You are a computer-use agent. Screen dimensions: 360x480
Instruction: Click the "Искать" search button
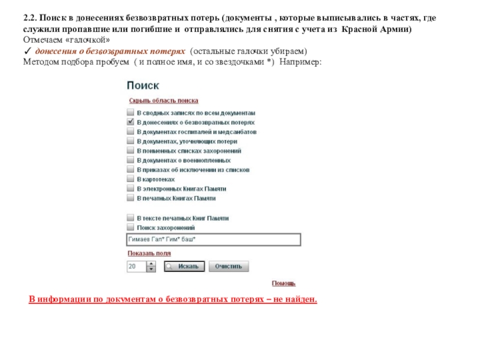184,266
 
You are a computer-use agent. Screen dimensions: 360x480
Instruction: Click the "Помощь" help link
283,283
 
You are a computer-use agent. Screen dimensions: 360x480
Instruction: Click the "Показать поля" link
147,253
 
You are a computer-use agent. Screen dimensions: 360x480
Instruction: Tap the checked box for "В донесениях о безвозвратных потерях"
130,122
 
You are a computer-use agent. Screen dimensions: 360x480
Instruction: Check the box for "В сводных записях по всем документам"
130,112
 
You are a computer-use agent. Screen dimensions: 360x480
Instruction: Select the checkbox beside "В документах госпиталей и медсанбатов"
130,131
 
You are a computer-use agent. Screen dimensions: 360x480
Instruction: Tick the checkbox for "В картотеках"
130,179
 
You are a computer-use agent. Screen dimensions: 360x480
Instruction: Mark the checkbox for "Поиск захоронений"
130,228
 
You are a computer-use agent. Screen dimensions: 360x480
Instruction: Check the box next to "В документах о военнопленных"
130,160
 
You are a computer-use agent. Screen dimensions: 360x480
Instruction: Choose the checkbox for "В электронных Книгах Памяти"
130,188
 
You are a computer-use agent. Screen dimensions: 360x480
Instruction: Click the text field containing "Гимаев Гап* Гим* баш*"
213,240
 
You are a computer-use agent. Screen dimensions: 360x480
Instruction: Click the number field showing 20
136,266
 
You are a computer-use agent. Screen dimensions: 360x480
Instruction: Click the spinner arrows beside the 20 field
151,266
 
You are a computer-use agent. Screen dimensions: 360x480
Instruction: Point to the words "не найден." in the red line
296,299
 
